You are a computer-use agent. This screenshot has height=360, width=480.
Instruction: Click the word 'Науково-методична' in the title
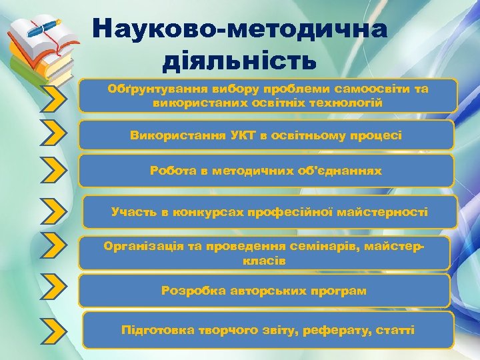tap(239, 29)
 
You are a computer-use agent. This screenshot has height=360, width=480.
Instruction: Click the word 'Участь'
tap(133, 212)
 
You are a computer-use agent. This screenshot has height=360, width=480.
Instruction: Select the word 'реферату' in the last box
tap(337, 330)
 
